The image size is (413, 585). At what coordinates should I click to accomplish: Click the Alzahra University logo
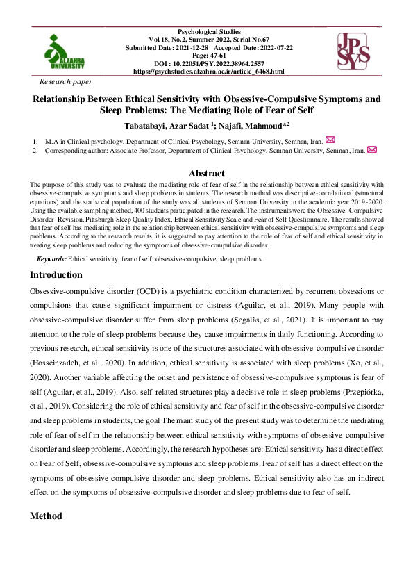coord(63,51)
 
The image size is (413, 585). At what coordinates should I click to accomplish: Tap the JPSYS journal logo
coord(353,51)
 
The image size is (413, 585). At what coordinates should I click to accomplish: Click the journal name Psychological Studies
coord(209,32)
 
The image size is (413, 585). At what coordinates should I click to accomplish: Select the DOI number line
coord(209,63)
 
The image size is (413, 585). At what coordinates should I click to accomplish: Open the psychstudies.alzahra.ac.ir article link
coord(209,71)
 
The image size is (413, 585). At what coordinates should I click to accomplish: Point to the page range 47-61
coord(209,56)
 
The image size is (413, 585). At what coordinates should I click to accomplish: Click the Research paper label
coord(66,81)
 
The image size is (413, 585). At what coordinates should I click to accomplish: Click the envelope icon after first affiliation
coord(330,140)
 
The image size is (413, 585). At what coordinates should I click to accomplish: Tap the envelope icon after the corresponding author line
coord(371,149)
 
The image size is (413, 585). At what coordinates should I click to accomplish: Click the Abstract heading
coord(207,173)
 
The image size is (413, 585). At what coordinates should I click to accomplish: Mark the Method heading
coord(47,516)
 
